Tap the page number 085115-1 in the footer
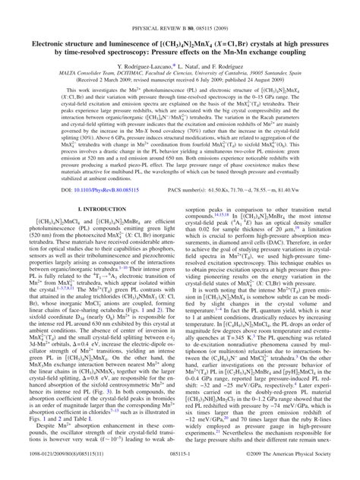(x=180, y=472)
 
